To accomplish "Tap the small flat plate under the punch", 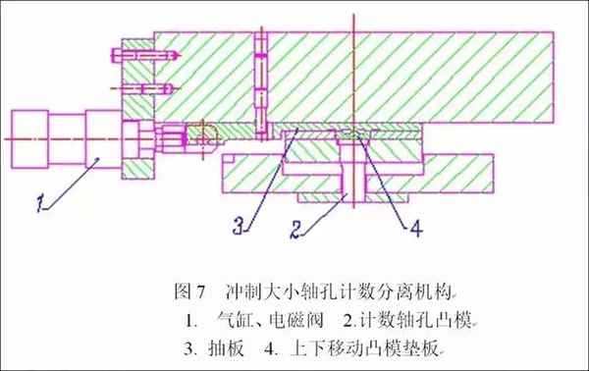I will pos(339,199).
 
